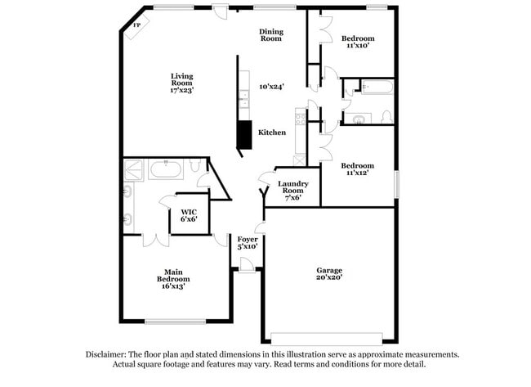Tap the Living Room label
coord(181,83)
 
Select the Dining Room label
coord(271,35)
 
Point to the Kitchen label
coord(272,133)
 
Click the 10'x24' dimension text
coord(271,86)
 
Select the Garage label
coord(329,270)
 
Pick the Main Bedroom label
coord(173,279)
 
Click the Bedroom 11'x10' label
coord(358,42)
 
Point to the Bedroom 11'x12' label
coord(358,169)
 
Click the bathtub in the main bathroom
coord(167,169)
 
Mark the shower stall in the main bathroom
coord(133,169)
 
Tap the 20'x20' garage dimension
coord(329,278)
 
